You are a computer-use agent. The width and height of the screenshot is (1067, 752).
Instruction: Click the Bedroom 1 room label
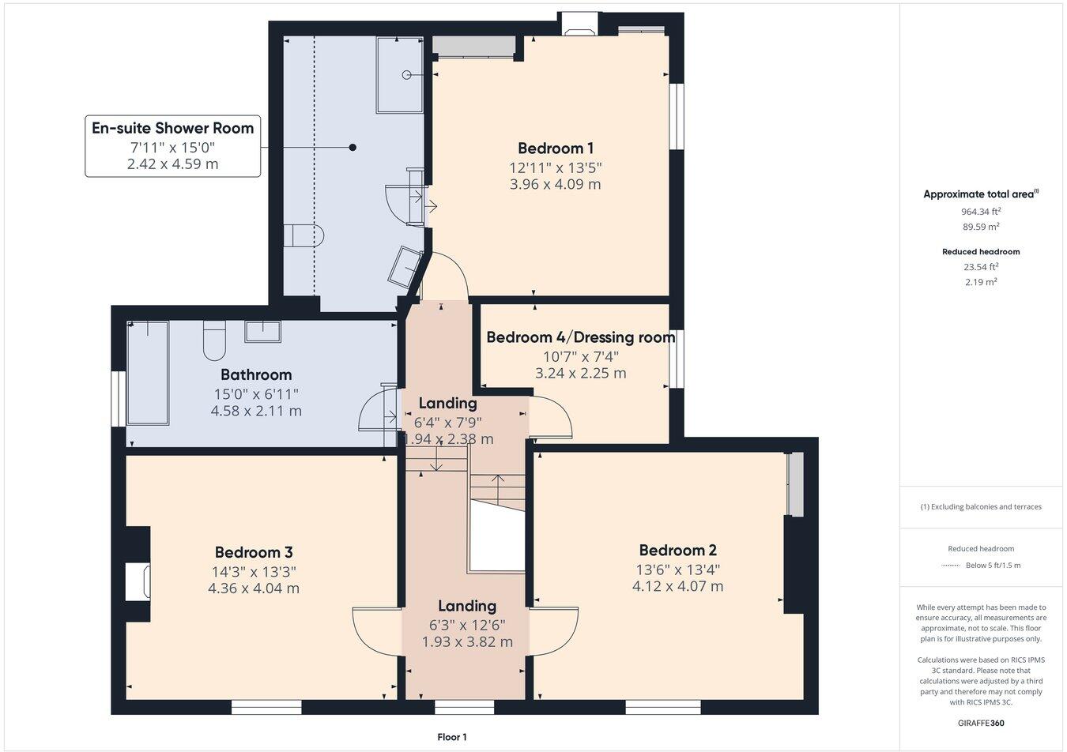(556, 149)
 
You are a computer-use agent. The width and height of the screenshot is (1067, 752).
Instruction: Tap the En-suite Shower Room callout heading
(172, 128)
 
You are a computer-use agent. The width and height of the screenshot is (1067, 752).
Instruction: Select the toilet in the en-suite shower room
(304, 235)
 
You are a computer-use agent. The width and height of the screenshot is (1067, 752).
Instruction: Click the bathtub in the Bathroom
(149, 372)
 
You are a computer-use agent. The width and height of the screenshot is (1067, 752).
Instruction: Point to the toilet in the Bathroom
(214, 340)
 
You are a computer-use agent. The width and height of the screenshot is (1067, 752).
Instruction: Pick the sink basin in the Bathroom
(262, 331)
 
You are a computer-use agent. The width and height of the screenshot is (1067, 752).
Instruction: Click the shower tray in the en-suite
(400, 75)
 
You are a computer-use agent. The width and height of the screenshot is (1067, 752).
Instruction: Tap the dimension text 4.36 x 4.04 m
(253, 588)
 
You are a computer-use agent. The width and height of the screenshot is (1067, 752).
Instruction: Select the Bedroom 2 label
(677, 551)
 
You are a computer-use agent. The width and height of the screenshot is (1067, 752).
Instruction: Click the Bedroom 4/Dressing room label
(580, 337)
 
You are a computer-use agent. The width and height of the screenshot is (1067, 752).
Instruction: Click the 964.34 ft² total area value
(980, 212)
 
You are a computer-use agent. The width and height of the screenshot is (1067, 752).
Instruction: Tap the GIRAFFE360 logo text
(980, 723)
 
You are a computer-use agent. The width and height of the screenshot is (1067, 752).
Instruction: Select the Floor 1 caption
(452, 737)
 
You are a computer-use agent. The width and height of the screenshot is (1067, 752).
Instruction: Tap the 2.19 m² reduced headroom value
(980, 282)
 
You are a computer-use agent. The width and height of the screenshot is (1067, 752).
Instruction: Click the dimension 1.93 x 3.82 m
(467, 642)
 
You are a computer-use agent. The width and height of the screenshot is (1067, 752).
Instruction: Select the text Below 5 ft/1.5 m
(993, 566)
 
